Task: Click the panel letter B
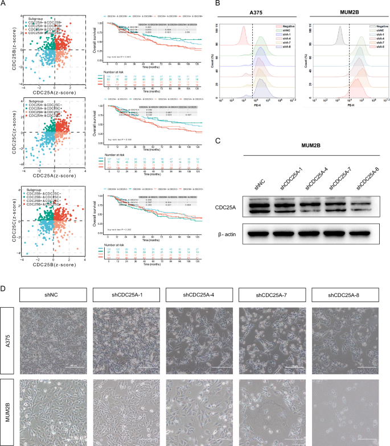coord(215,3)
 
